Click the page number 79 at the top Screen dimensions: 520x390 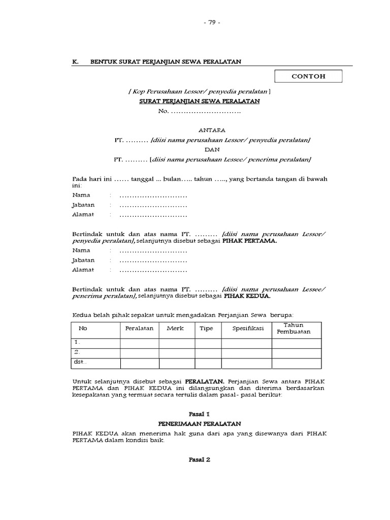pos(212,23)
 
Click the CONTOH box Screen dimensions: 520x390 pos(308,77)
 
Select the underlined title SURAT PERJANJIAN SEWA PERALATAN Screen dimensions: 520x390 pos(200,101)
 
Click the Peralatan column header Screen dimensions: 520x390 pos(139,329)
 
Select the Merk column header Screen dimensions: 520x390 pos(176,329)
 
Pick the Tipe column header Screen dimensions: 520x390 pos(206,329)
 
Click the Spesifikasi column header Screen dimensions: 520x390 pos(248,329)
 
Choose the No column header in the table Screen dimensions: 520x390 pos(83,329)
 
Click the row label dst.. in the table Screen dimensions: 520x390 pos(80,363)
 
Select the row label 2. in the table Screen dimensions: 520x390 pos(77,352)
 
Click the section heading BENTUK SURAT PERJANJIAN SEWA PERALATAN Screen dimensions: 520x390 pos(166,61)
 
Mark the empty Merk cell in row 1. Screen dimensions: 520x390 pos(177,343)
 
